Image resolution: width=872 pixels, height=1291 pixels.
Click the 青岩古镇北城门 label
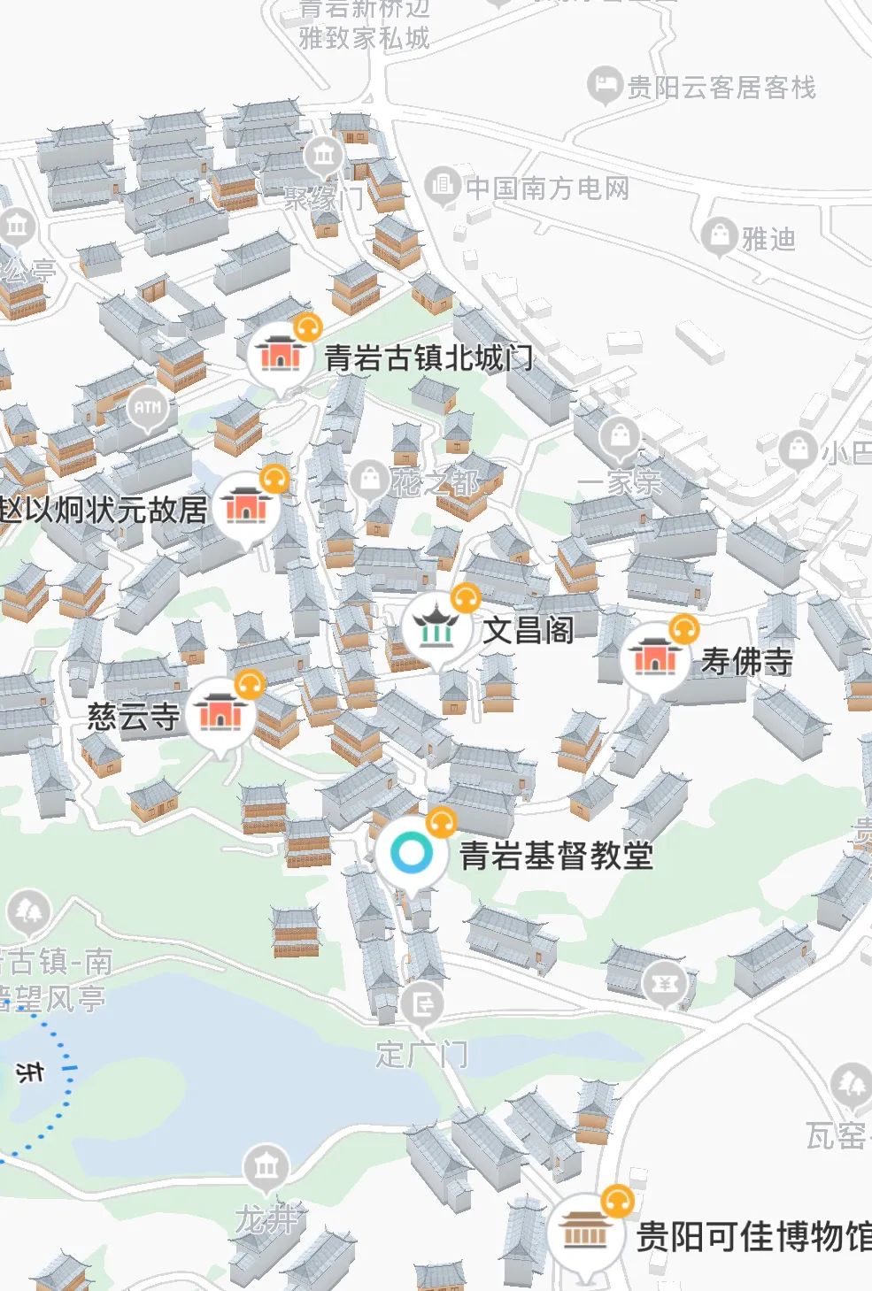pos(428,358)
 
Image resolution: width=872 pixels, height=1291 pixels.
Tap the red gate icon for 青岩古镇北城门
pos(280,354)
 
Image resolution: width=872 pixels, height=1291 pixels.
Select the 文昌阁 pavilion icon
pos(435,626)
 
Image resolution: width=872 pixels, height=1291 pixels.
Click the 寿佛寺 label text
pos(746,662)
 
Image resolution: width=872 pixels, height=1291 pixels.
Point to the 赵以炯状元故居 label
pos(104,511)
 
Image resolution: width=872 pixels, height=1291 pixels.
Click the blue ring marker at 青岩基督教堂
pos(410,853)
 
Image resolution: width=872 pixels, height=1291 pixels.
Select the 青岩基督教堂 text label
pos(556,856)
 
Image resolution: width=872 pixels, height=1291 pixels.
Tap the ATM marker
pos(148,408)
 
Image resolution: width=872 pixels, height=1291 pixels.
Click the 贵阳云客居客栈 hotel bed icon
pos(606,86)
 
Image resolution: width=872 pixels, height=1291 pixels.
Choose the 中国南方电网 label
pos(547,188)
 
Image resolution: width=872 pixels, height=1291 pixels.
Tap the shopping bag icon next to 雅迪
pos(720,235)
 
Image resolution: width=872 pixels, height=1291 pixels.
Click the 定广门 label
pos(421,1055)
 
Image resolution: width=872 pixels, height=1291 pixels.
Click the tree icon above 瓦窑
pos(852,1084)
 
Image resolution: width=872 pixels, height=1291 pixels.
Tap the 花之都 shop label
pos(436,482)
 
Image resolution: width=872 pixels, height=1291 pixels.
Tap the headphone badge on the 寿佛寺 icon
pos(683,629)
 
